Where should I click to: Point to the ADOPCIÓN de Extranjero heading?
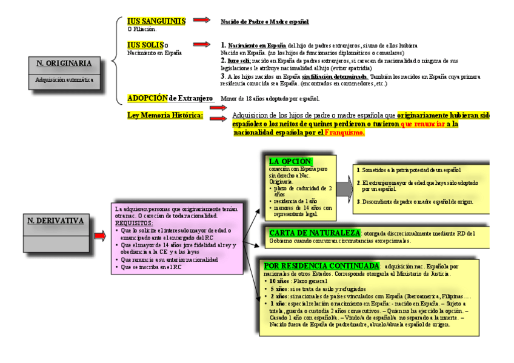(170, 98)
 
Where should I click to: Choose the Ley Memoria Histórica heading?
(165, 115)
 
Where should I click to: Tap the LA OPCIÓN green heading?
(290, 161)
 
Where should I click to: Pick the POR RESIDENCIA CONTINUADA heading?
(321, 266)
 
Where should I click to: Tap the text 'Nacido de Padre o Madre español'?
(264, 22)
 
